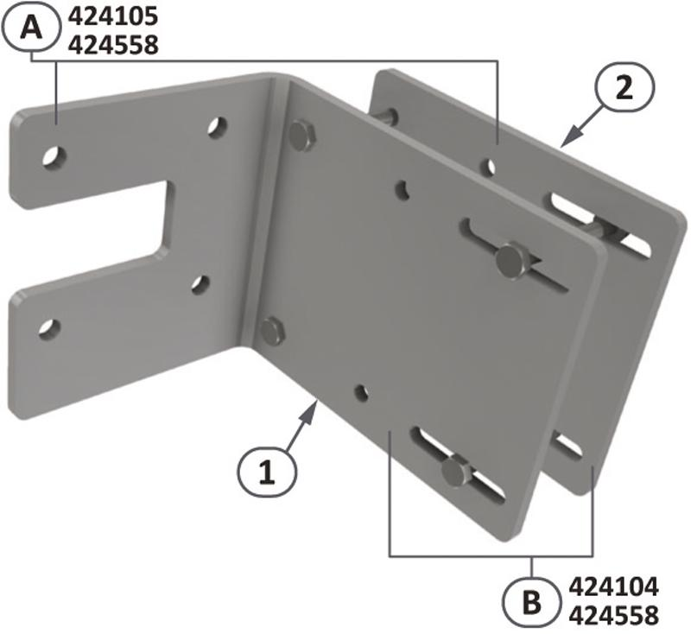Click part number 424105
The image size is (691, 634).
[x=113, y=17]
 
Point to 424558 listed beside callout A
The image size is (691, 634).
[x=113, y=45]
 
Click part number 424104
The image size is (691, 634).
[x=614, y=586]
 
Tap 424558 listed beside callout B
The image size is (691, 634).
[x=614, y=615]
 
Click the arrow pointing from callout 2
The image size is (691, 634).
[x=582, y=125]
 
